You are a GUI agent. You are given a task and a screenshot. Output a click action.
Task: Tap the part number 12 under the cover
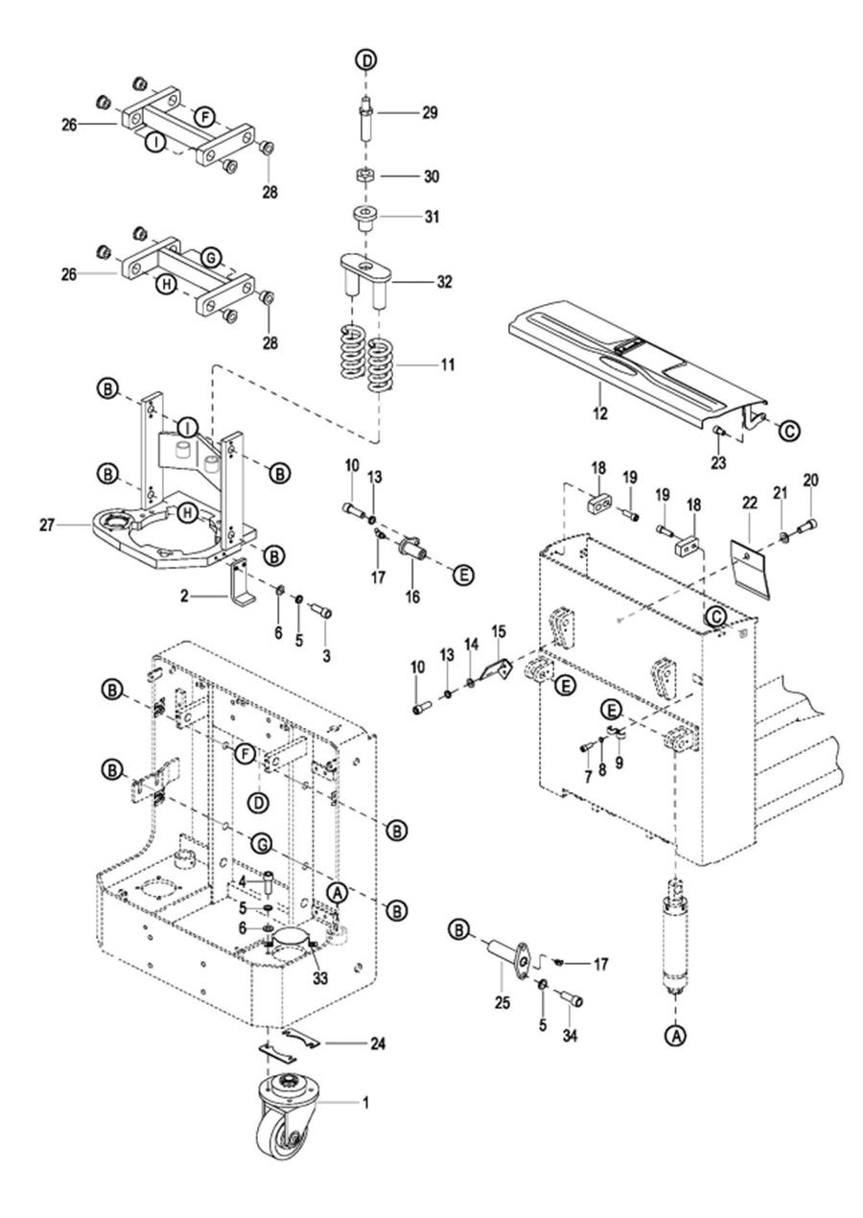[x=599, y=413]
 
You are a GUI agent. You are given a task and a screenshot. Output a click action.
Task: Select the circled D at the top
[x=367, y=59]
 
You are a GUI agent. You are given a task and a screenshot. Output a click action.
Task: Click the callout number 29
[x=430, y=113]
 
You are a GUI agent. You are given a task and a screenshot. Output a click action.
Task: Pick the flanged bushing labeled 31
[x=364, y=218]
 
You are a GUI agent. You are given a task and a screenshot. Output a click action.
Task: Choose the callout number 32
[x=444, y=282]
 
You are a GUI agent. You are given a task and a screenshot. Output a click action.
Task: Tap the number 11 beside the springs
[x=447, y=364]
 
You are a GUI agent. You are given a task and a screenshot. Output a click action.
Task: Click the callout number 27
[x=47, y=526]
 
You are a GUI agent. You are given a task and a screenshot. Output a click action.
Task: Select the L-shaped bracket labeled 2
[x=243, y=583]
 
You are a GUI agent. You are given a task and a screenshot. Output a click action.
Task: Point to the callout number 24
[x=378, y=1043]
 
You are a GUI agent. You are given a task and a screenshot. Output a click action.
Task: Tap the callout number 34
[x=570, y=1036]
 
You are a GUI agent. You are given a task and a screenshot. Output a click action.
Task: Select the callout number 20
[x=810, y=480]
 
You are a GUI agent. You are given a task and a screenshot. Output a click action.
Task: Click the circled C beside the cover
[x=789, y=431]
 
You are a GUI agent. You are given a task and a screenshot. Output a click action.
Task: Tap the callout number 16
[x=412, y=597]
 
